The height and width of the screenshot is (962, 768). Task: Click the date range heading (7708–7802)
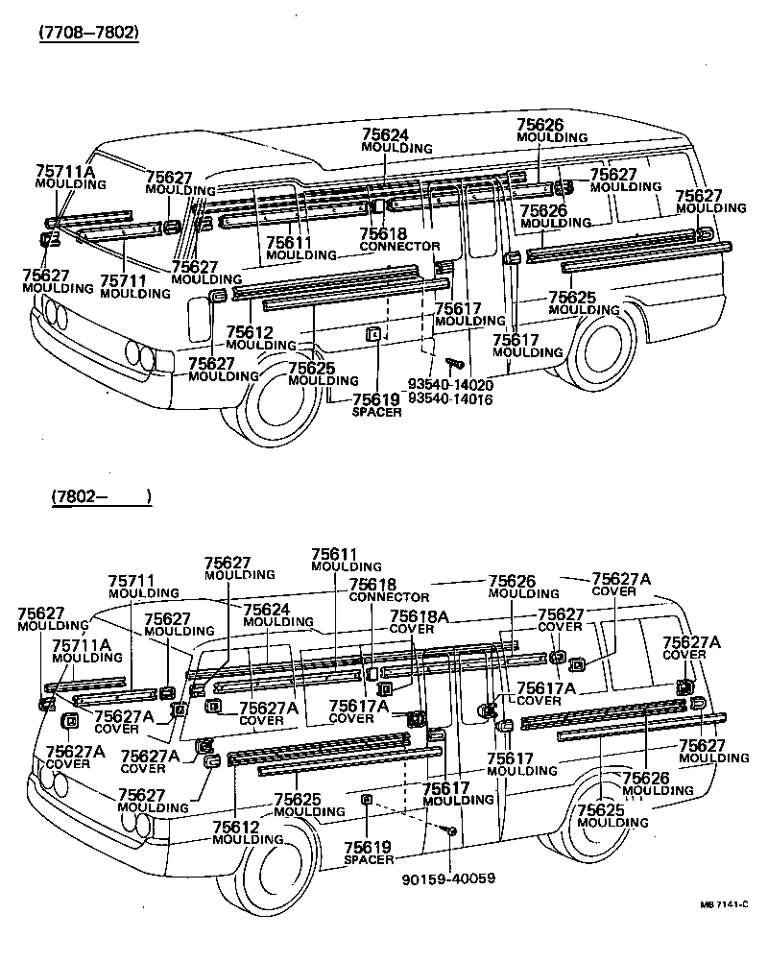point(88,32)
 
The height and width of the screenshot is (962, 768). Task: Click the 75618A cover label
point(419,622)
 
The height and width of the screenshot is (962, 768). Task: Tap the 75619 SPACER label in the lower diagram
point(369,854)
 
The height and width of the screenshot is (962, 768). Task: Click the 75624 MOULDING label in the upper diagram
point(396,141)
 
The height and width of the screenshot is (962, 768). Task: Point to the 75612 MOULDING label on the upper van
point(249,338)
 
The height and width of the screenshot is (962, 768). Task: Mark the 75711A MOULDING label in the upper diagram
point(66,178)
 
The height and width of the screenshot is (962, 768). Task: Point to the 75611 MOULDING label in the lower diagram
point(334,560)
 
